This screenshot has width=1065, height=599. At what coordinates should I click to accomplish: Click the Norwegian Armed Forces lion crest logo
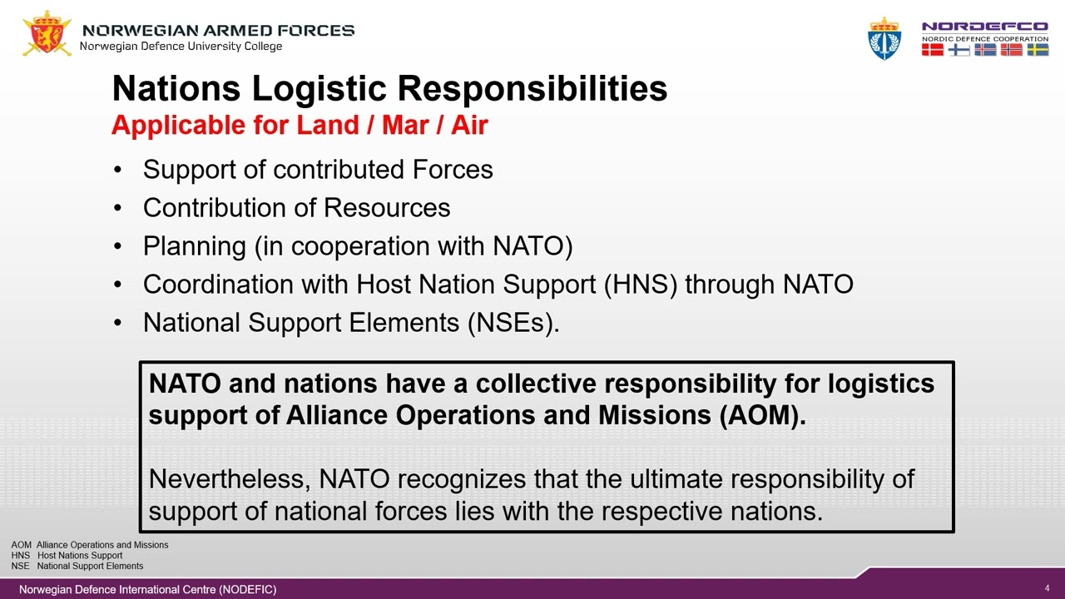pos(47,33)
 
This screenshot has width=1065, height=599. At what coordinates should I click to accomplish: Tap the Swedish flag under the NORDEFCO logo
pos(1038,50)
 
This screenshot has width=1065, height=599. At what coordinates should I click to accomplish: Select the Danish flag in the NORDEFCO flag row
pos(933,50)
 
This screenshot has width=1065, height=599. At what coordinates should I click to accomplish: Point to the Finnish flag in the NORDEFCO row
pos(959,50)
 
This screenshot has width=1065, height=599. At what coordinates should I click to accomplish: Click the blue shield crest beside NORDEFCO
pos(884,38)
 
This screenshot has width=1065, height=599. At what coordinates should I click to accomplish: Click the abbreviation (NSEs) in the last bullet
pos(513,323)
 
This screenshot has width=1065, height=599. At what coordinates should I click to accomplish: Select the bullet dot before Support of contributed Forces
pos(119,171)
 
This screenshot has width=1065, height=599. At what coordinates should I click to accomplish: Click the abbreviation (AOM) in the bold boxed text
pos(760,416)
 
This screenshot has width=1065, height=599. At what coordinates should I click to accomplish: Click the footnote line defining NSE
pos(77,566)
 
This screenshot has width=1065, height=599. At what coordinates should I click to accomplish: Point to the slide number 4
pos(1047,588)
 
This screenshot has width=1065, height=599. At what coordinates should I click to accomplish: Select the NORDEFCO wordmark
pos(984,27)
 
